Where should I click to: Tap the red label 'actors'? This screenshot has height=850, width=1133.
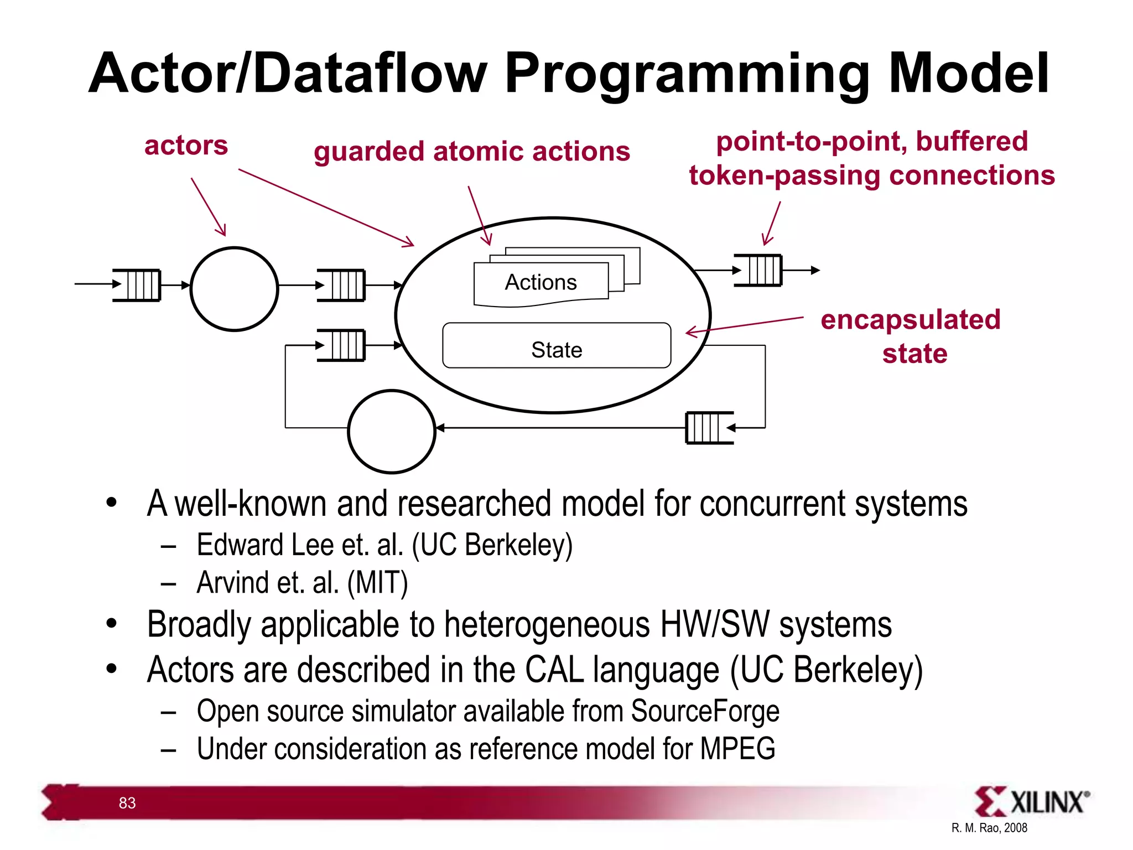[186, 146]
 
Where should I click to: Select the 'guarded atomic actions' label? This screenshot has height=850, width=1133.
[471, 152]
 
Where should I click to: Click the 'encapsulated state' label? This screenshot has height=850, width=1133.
[911, 336]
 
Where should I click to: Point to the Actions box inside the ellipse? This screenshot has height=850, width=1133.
[540, 283]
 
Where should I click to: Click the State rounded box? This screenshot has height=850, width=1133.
[557, 346]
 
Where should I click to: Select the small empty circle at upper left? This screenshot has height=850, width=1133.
[234, 289]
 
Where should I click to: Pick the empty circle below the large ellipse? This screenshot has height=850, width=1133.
[392, 432]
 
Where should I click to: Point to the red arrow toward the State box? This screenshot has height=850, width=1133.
[744, 325]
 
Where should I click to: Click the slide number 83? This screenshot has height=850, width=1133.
[127, 803]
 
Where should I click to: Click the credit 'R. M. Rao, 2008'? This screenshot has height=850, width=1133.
[989, 828]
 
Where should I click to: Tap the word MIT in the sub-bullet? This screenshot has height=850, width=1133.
[377, 583]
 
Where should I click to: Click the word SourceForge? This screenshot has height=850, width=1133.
[705, 711]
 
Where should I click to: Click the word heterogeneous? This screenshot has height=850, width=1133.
[547, 625]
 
